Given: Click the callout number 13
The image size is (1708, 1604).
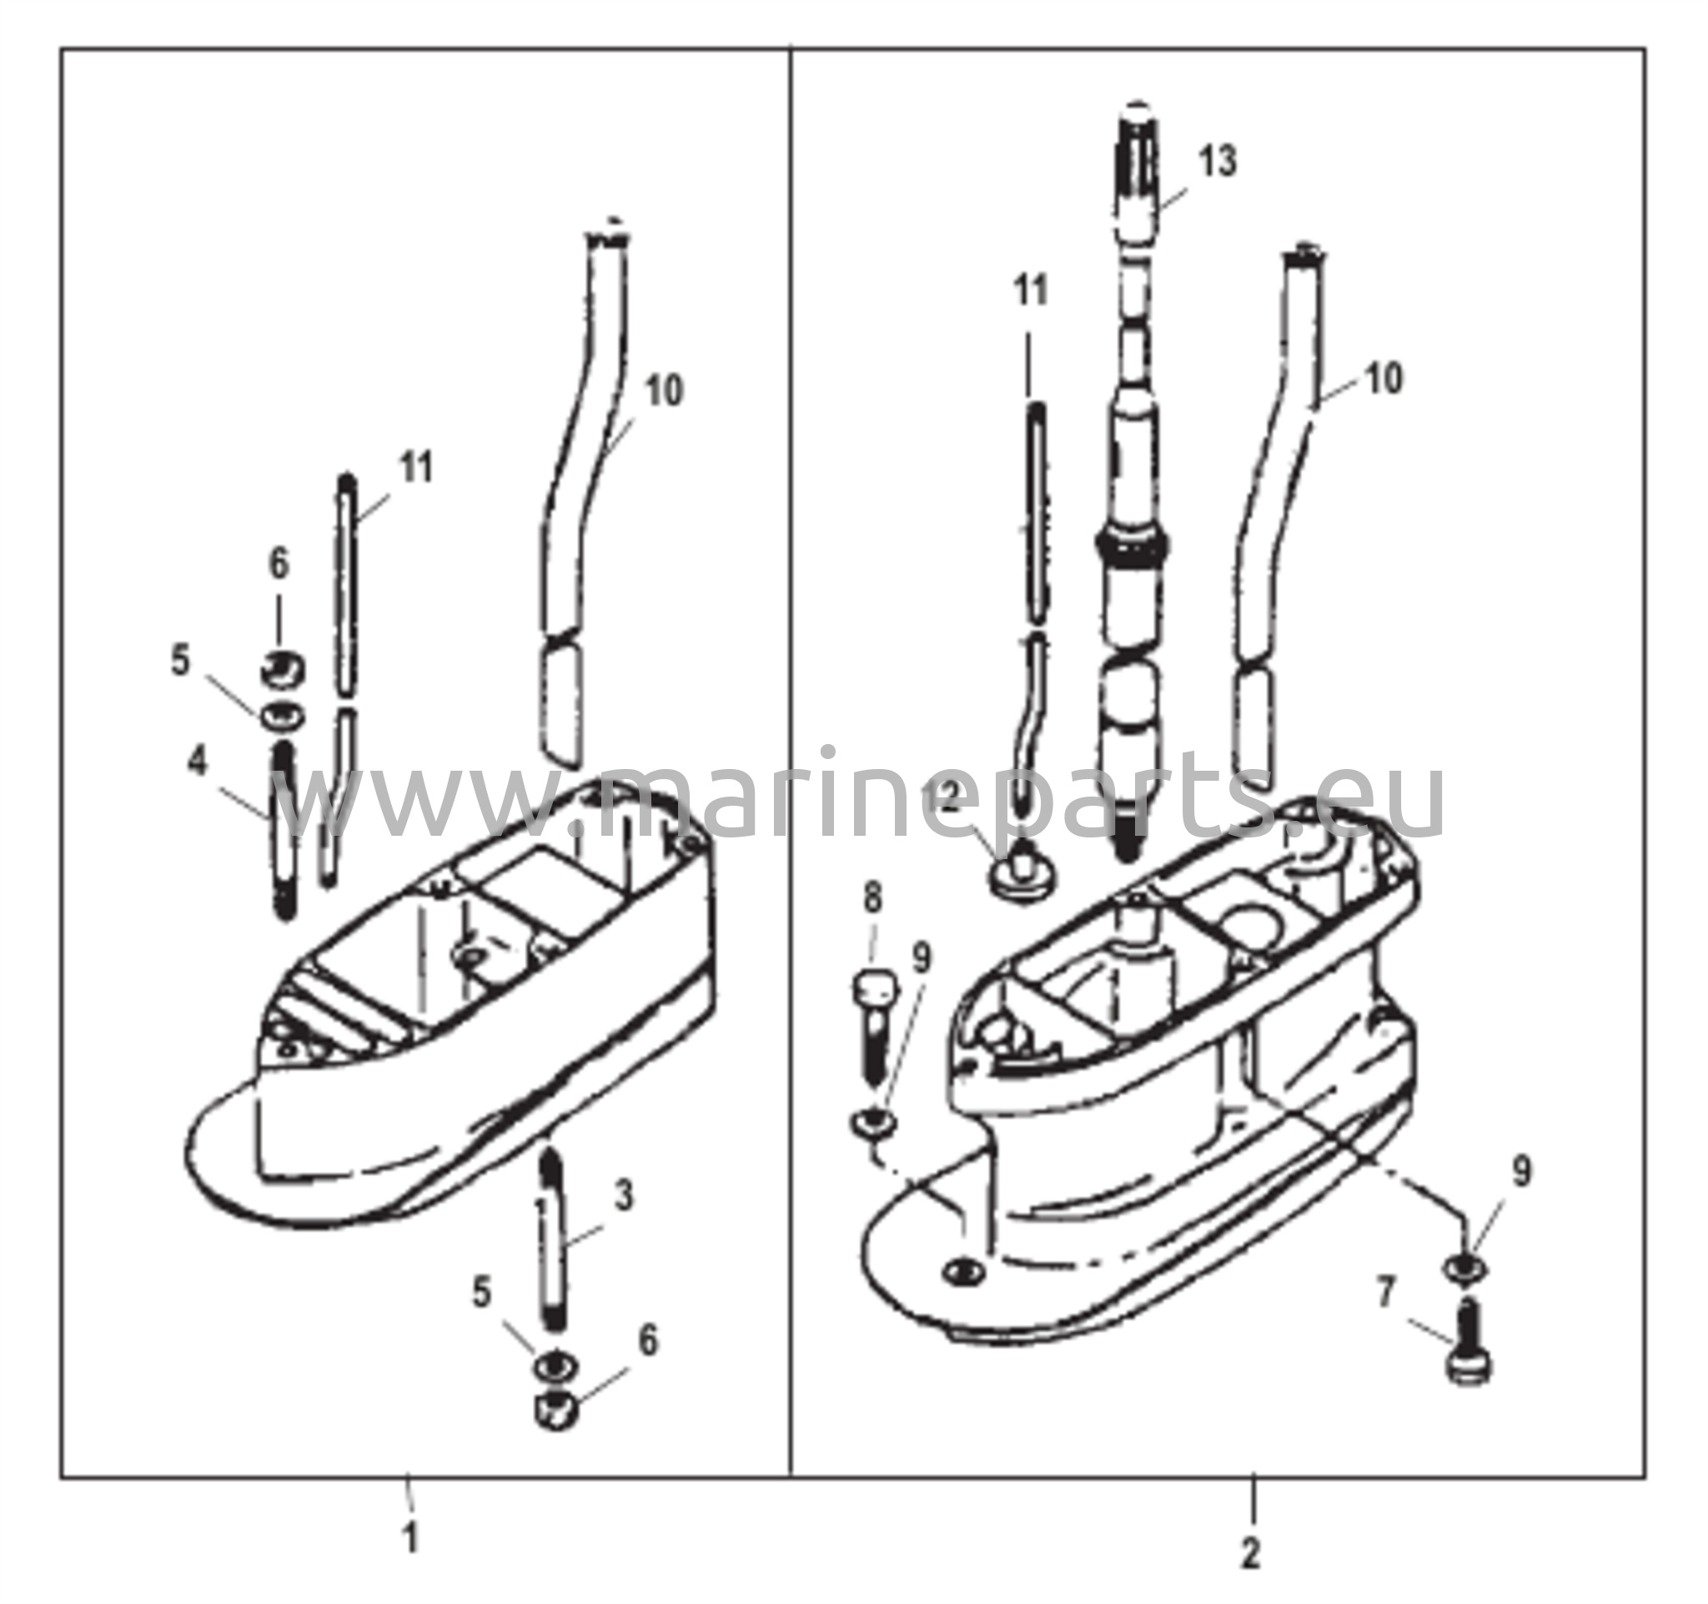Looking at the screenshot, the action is pos(1218,162).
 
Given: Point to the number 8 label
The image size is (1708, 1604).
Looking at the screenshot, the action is pos(873,899).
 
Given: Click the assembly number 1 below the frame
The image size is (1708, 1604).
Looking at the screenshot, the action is pos(411,1536).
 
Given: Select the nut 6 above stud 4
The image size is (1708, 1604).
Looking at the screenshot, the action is pos(281,670).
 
